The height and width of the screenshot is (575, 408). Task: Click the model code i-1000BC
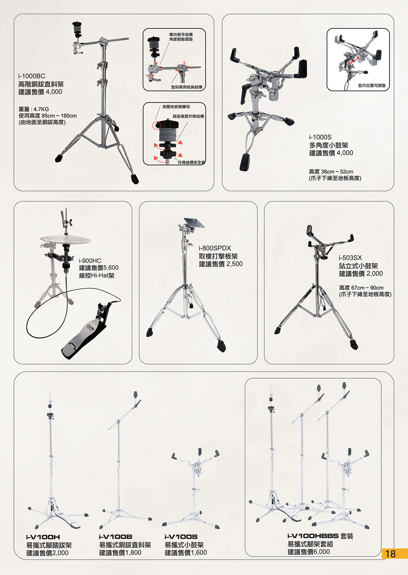coord(32,76)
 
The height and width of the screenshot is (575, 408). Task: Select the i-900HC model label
coord(90,260)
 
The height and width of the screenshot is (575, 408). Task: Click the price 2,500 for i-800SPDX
coord(234,264)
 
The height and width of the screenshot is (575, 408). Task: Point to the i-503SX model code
coord(350,258)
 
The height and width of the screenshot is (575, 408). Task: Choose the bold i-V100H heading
coord(43,537)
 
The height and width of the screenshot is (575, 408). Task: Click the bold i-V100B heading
coord(116,537)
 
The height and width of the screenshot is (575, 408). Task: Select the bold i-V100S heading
coord(181,537)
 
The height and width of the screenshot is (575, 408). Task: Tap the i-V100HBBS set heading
coord(320,536)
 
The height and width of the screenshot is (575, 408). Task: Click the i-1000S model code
coord(320,137)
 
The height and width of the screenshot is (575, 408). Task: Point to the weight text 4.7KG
coord(41,109)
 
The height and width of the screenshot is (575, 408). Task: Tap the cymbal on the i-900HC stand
coord(65,239)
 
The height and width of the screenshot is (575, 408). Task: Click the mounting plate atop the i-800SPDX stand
coord(194,222)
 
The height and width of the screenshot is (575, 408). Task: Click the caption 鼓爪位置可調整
coord(372,86)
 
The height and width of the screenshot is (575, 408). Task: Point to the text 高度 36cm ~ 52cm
coord(331,172)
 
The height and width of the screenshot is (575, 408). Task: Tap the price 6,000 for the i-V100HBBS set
coord(321,552)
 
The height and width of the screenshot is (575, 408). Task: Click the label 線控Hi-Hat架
coord(97,276)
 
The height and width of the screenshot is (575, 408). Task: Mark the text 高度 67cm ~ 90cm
coord(361,288)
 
